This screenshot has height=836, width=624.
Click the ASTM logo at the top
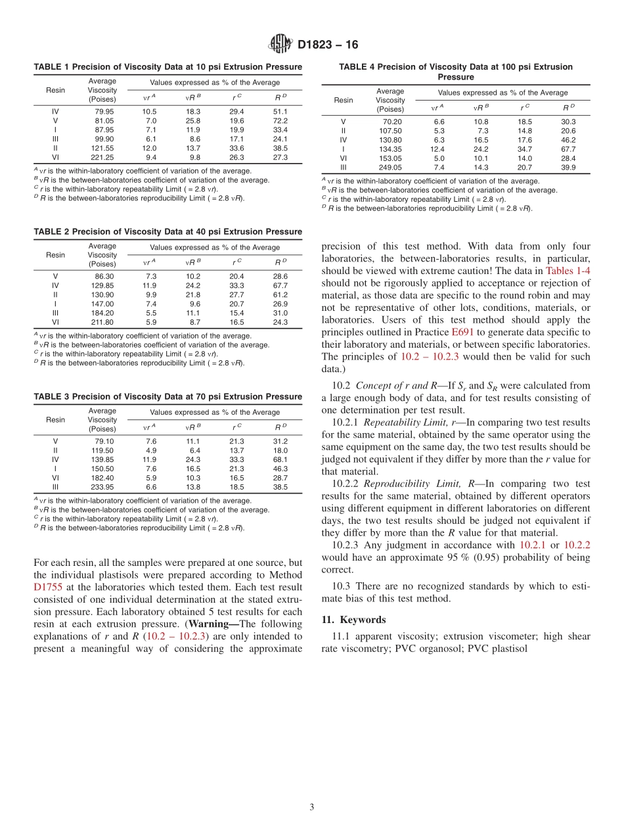[280, 45]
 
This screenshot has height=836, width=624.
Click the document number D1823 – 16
[328, 45]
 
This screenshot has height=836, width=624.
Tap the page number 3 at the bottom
[312, 807]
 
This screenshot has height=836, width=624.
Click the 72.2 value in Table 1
[280, 121]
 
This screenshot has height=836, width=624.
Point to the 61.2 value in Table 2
[280, 294]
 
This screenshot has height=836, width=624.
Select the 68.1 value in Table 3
[280, 459]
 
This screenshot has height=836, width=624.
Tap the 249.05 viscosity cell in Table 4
[392, 168]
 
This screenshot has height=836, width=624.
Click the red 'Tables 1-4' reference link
[568, 270]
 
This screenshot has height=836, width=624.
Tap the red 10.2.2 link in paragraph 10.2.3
[577, 545]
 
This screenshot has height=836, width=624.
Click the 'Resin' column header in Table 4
[344, 100]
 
